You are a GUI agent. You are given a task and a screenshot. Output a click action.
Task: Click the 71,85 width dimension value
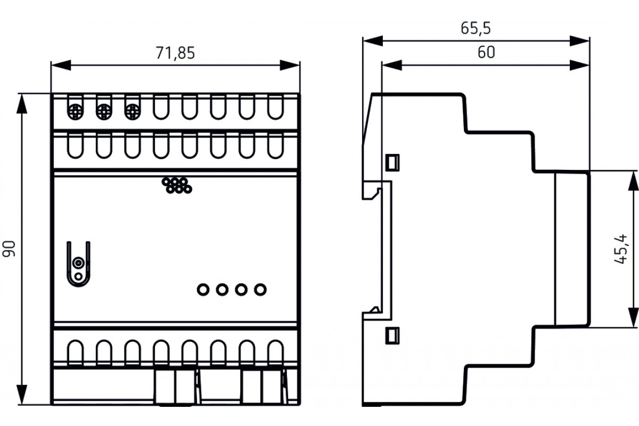[x=175, y=53]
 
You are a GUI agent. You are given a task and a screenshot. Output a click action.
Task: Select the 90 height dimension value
[x=9, y=249]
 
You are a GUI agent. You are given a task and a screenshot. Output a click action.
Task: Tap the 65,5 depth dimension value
[x=476, y=28]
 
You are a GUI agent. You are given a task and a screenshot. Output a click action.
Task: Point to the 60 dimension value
[x=486, y=53]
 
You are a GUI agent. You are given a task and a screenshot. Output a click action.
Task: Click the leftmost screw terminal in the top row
[x=75, y=112]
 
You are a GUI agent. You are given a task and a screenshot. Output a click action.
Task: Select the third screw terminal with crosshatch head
[x=133, y=112]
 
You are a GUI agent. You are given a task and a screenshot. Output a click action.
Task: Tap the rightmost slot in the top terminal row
[x=276, y=108]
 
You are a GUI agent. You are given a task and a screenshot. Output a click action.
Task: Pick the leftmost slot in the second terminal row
[x=75, y=146]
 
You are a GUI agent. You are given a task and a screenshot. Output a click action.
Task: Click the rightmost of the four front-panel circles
[x=260, y=290]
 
